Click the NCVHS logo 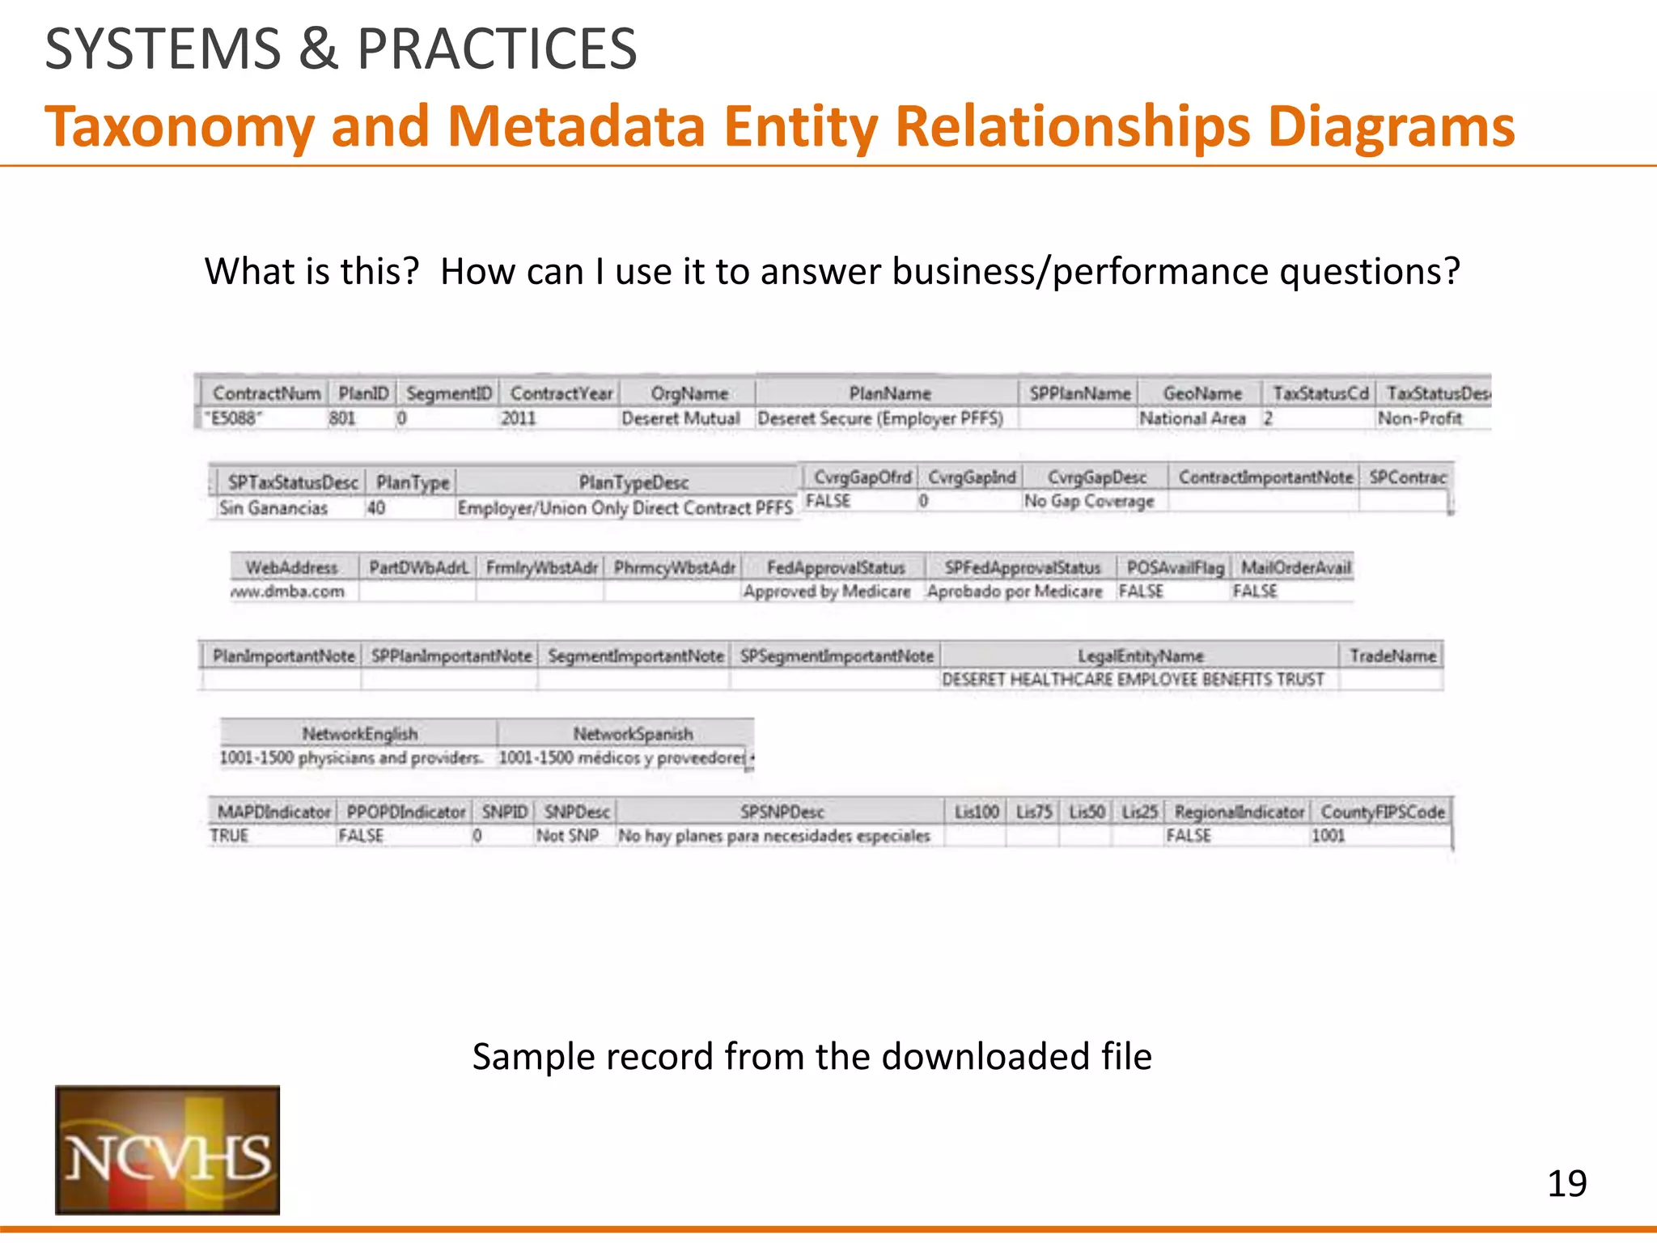(167, 1149)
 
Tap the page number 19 (1566, 1184)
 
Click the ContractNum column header (265, 393)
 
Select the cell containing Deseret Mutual (680, 418)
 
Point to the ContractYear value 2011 (518, 418)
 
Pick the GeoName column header (1201, 393)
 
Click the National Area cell (1192, 418)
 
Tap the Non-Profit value (1420, 418)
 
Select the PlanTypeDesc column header (634, 482)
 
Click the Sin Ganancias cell (273, 508)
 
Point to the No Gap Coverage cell (1089, 502)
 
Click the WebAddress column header (291, 567)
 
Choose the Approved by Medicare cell (827, 592)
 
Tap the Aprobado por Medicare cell (1015, 592)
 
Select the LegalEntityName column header (1140, 655)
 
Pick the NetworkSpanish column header (633, 734)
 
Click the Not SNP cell (567, 836)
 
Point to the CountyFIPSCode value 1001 (1328, 836)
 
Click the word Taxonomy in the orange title (180, 127)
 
